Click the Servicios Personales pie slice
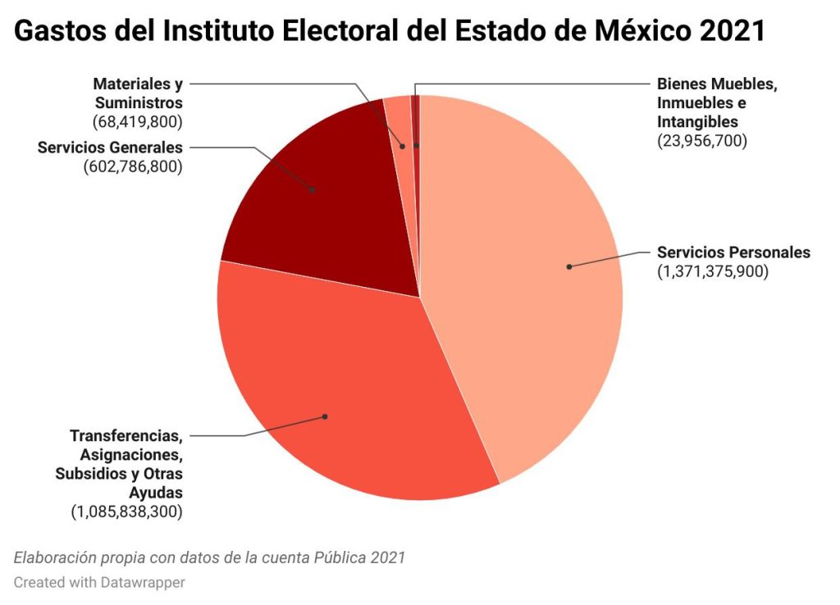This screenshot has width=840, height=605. (x=525, y=312)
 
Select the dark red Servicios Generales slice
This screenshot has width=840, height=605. (x=328, y=213)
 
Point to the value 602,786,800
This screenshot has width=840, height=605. (x=133, y=166)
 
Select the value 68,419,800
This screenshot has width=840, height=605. (x=138, y=121)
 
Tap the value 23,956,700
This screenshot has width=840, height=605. (x=702, y=140)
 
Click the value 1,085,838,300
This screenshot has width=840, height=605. (x=127, y=512)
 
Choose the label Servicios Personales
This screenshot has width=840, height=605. (x=733, y=252)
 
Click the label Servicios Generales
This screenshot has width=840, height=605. (x=110, y=148)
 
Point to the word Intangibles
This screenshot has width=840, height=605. (x=697, y=121)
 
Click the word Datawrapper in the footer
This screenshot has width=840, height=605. (x=144, y=582)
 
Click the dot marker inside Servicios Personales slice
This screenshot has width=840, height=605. (x=569, y=266)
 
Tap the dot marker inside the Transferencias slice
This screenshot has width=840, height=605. (x=325, y=416)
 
